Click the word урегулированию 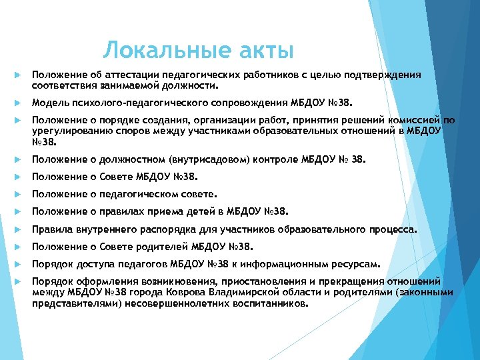70,131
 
